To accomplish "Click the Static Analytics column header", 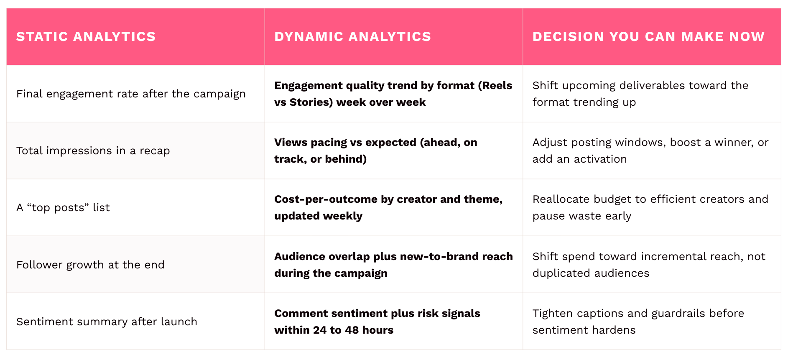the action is click(86, 37).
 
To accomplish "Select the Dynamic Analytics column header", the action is click(352, 37).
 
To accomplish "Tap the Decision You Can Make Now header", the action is click(648, 37).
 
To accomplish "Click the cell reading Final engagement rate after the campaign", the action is click(131, 94).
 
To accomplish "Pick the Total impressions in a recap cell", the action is click(93, 151).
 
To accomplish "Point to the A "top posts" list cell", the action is click(63, 207).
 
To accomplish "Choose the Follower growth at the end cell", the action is click(90, 265).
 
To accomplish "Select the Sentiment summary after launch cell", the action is click(107, 322).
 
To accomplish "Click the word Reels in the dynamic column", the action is click(497, 85).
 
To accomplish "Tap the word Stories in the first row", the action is click(309, 102).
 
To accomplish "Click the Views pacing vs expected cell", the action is click(376, 151).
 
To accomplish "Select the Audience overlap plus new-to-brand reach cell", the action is click(393, 265).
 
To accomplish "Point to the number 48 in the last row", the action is click(352, 330).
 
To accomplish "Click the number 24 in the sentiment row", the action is click(320, 330).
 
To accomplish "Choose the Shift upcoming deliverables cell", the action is click(640, 94).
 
